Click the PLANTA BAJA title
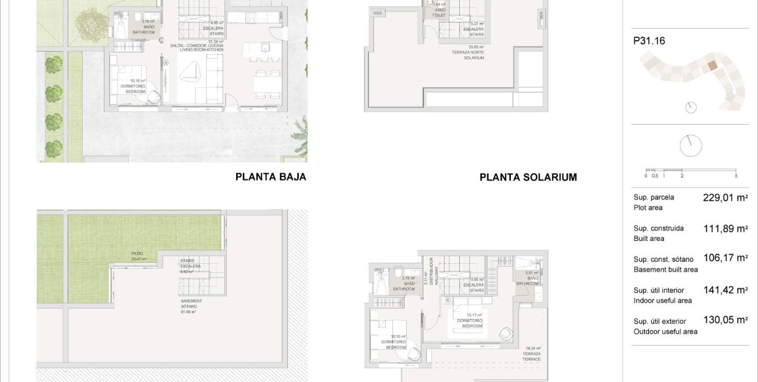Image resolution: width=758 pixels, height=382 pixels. [271, 176]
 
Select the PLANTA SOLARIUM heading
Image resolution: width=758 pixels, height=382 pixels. [528, 177]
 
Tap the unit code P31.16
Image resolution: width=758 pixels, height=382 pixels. [649, 41]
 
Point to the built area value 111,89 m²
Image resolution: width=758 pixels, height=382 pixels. [725, 229]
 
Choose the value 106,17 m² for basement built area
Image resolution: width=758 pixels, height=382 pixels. [725, 257]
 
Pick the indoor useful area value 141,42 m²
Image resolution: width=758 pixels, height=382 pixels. [725, 290]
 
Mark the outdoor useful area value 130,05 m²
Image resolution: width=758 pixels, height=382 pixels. [725, 320]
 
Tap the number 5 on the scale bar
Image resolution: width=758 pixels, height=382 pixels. [736, 176]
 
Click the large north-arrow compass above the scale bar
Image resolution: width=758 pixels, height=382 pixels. [691, 146]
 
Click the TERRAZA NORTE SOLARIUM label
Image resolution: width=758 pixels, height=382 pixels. [476, 52]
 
